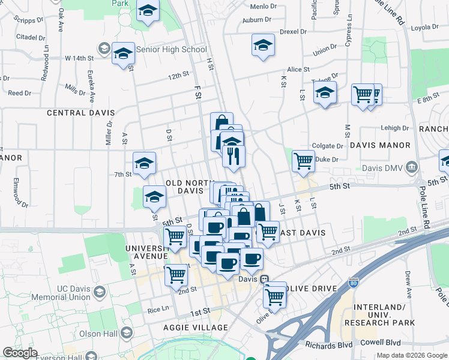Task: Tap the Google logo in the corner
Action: click(20, 353)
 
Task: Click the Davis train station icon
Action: click(264, 279)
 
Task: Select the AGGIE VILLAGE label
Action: click(196, 328)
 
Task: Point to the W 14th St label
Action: click(80, 59)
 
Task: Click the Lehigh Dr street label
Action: click(394, 128)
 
